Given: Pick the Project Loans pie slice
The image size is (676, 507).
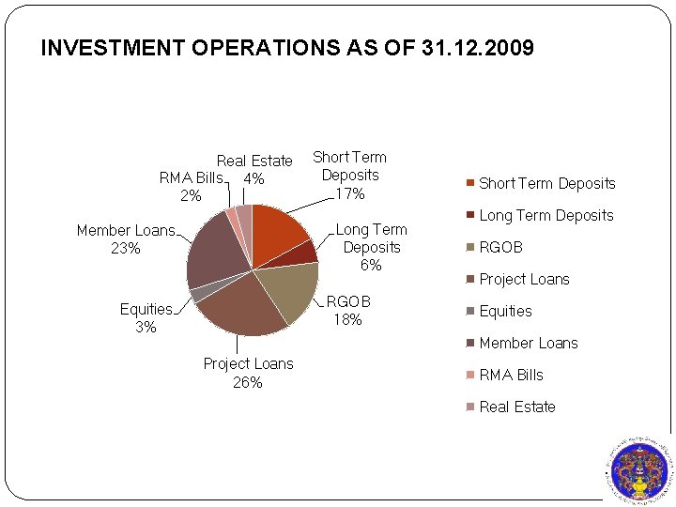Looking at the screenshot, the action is [x=241, y=307].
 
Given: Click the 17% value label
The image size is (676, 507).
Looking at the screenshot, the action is [x=350, y=194].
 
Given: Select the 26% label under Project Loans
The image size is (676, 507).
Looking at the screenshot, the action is [x=248, y=382].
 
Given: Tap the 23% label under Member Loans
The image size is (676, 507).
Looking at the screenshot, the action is [x=126, y=248].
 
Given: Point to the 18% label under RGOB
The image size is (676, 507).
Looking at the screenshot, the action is [x=347, y=319].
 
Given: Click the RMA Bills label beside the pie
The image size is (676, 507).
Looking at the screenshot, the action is [x=191, y=177].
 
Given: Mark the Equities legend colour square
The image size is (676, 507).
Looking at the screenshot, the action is [x=470, y=311].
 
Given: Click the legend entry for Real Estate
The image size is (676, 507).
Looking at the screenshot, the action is [x=512, y=407].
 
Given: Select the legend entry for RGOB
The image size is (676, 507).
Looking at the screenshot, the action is [x=495, y=248].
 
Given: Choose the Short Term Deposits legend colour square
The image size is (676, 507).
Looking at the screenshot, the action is [x=470, y=183].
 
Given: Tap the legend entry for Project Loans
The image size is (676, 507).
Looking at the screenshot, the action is [x=518, y=280].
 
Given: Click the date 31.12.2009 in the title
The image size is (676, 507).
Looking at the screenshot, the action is [x=478, y=48].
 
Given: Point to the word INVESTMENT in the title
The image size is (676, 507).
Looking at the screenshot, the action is [x=113, y=48].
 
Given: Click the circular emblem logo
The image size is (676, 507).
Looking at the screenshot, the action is [x=639, y=472].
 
